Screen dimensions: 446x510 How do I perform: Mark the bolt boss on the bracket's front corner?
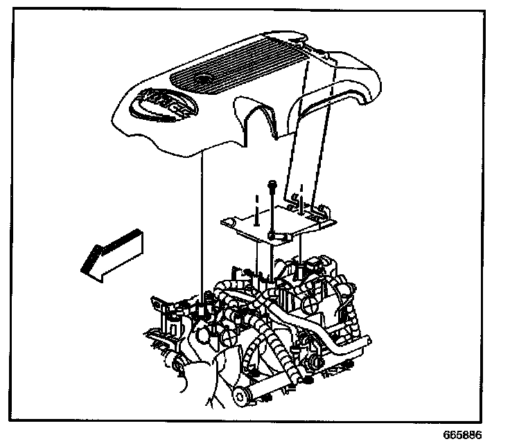(x=276, y=238)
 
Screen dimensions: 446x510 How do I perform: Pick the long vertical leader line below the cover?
(x=201, y=229)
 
